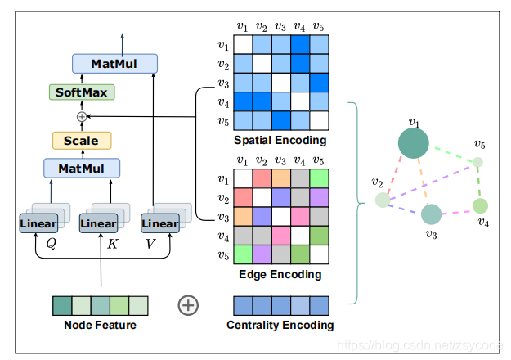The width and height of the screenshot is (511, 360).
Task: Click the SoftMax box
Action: click(x=81, y=92)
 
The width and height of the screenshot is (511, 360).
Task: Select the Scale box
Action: click(x=81, y=141)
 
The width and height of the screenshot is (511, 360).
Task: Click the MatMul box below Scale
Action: click(x=81, y=169)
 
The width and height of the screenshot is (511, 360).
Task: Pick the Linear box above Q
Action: click(x=38, y=223)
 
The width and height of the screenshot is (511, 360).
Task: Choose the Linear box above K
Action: click(x=99, y=223)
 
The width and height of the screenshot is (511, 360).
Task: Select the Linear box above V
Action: click(x=159, y=223)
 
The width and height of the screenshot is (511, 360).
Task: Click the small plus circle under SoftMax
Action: click(x=81, y=117)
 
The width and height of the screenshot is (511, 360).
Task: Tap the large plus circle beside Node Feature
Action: click(x=188, y=305)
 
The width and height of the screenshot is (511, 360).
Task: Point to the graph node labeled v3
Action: click(x=431, y=214)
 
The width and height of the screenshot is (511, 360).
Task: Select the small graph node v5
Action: click(x=478, y=161)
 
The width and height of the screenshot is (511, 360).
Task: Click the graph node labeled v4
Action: click(x=481, y=205)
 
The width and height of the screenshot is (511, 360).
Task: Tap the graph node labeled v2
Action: click(x=382, y=199)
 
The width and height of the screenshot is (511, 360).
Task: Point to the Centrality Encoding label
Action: click(x=280, y=326)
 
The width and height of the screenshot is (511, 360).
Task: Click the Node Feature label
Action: click(x=101, y=326)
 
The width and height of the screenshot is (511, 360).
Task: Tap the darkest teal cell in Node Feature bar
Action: click(x=61, y=305)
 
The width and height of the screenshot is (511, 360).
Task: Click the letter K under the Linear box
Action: click(x=112, y=244)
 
